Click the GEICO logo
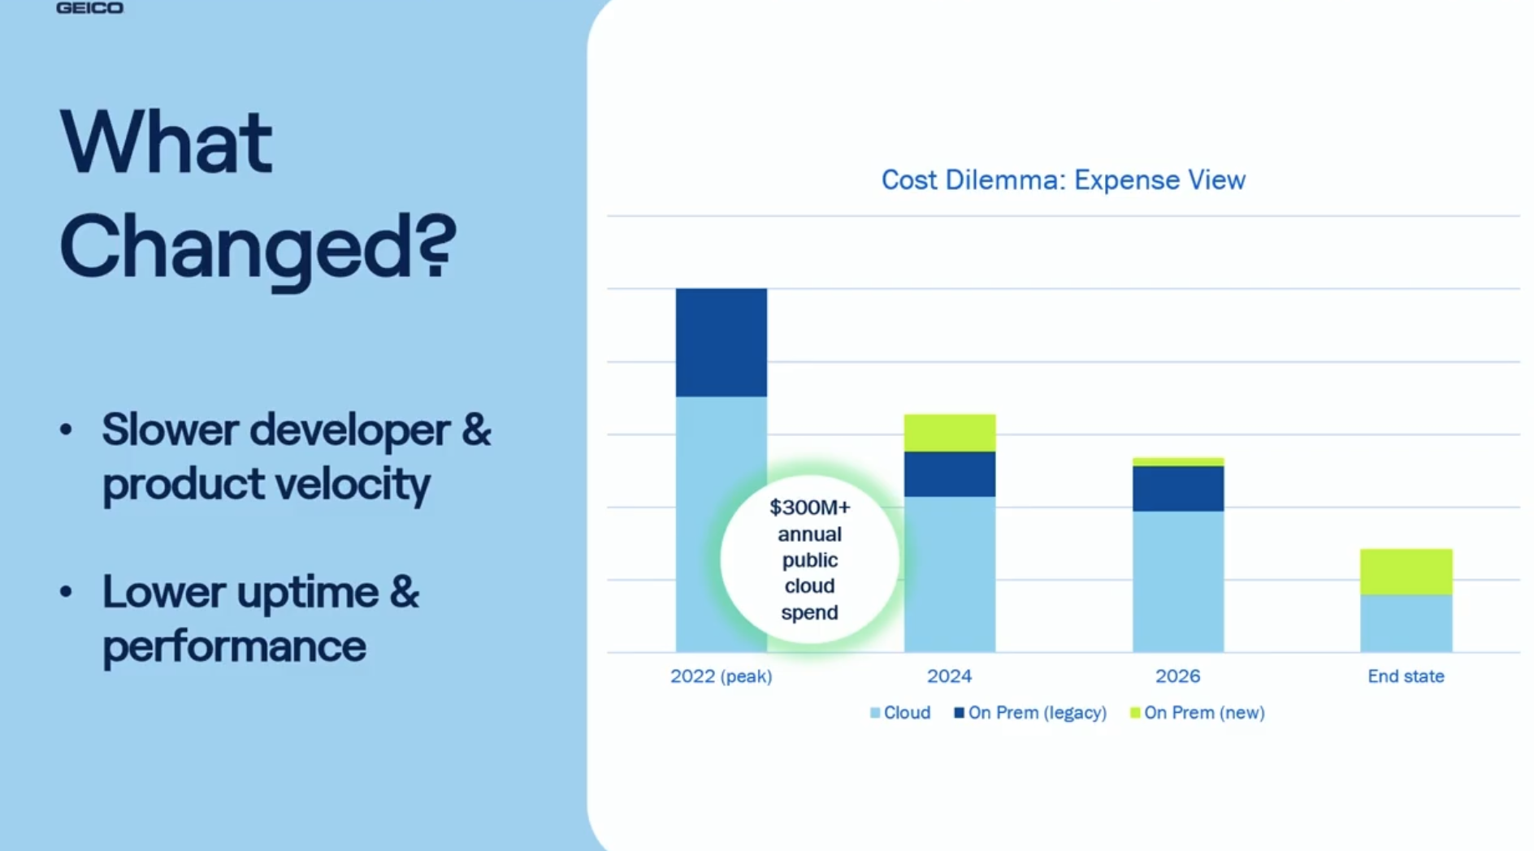pos(89,8)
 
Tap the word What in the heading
pos(166,143)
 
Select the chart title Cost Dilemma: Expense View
pos(1063,179)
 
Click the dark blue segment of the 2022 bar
pos(721,342)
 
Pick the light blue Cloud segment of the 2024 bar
pos(949,573)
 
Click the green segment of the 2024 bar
pos(949,433)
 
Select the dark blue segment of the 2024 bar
pos(949,474)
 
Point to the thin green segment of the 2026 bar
pos(1177,462)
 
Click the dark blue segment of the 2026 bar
pos(1177,489)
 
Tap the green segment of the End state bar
pos(1406,572)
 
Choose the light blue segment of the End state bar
pos(1406,623)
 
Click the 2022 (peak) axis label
pos(721,676)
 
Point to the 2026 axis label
pos(1177,676)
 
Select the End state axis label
pos(1406,676)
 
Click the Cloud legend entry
pos(900,713)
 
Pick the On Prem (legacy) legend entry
pos(1030,713)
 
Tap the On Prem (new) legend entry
pos(1198,713)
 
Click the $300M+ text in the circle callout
pos(809,508)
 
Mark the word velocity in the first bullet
pos(352,484)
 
